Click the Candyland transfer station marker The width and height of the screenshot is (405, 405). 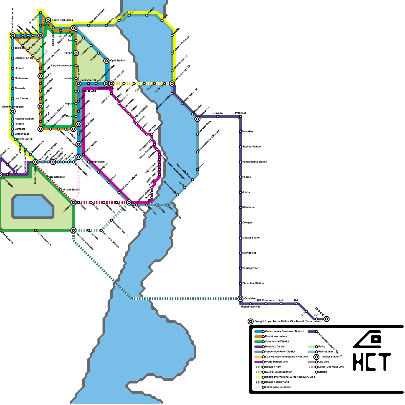click(x=240, y=299)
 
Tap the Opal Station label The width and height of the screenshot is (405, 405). click(x=117, y=61)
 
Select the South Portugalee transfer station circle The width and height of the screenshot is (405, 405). click(x=48, y=20)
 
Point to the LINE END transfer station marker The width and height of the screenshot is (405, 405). click(x=327, y=319)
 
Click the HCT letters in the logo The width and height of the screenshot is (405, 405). click(x=372, y=362)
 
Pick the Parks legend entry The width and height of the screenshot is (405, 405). click(x=321, y=347)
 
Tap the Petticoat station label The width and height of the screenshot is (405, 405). click(x=240, y=113)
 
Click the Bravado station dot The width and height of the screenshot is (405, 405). click(x=218, y=116)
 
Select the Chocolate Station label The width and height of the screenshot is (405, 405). click(x=253, y=283)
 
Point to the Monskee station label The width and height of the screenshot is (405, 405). click(x=248, y=132)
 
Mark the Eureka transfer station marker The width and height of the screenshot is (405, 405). click(x=129, y=202)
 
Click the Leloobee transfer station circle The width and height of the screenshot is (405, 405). click(x=73, y=202)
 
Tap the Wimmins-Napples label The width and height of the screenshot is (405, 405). click(x=13, y=107)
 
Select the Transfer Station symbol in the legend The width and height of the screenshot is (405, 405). click(x=316, y=357)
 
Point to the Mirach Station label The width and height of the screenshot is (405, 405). click(x=71, y=190)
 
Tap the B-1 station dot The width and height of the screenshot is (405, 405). click(x=296, y=304)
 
